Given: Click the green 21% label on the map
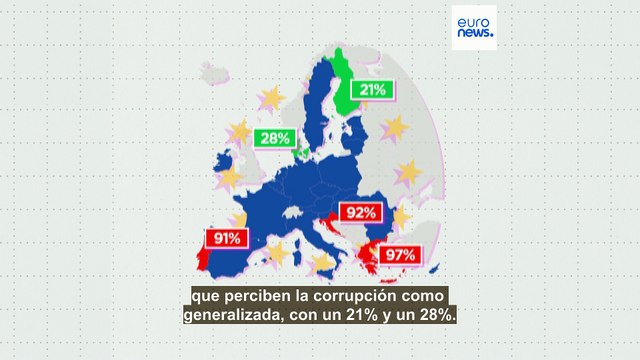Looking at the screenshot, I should pos(373,90).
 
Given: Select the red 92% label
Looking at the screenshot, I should pos(361,212).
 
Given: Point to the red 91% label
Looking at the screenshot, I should pos(225,238).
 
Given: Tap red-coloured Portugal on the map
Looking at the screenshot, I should pos(203,259).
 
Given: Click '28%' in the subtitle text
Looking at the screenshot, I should pos(434,316).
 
